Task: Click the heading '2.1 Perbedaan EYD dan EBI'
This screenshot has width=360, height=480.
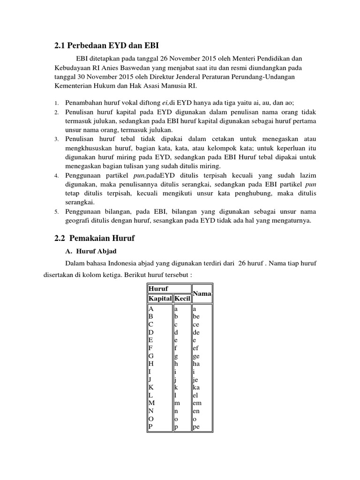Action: click(107, 45)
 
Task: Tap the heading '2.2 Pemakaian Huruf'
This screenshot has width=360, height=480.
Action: click(94, 239)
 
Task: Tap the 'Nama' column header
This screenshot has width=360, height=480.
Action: click(201, 293)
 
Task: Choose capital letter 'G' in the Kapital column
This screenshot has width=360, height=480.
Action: click(151, 355)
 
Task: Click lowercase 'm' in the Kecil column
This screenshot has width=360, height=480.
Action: click(177, 403)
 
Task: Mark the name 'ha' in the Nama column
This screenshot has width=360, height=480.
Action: click(196, 363)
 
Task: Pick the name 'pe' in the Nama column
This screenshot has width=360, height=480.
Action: click(196, 427)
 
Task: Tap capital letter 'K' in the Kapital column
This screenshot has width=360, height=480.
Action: click(151, 387)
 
